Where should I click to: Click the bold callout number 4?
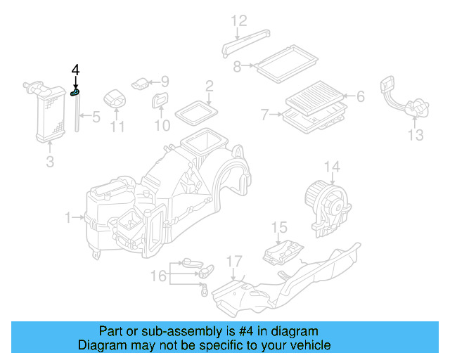pyautogui.click(x=76, y=70)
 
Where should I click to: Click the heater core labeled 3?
pyautogui.click(x=48, y=112)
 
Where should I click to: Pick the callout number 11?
pyautogui.click(x=117, y=127)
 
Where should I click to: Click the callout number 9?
pyautogui.click(x=165, y=82)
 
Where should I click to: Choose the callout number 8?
pyautogui.click(x=237, y=66)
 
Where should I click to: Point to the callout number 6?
pyautogui.click(x=361, y=96)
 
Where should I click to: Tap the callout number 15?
pyautogui.click(x=280, y=227)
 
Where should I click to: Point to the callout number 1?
pyautogui.click(x=69, y=219)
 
